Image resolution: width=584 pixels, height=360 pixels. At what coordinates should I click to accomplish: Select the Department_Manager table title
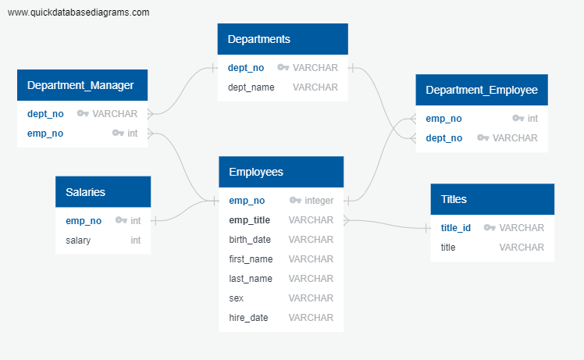coord(81,85)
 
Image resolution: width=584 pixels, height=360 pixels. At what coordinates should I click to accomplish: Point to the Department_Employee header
coord(481,90)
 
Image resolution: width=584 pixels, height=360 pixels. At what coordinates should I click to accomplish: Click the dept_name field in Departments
coord(251,87)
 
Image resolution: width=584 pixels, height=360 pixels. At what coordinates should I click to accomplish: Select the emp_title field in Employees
coord(250,220)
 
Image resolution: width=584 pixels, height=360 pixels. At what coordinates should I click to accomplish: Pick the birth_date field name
coord(250,240)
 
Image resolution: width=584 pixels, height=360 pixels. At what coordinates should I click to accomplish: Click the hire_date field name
coord(248,318)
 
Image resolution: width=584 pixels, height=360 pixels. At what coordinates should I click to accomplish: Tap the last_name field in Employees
coord(250,279)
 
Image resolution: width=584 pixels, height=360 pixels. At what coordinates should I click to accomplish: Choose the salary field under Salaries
coord(78,241)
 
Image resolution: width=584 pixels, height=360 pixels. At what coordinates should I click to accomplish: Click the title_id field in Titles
coord(456,228)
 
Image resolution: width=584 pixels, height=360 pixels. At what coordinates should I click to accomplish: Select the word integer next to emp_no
coord(319,201)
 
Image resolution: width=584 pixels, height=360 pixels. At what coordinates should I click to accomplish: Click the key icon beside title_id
coord(490,228)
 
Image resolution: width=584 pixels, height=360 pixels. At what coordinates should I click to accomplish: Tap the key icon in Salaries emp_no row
coord(120,221)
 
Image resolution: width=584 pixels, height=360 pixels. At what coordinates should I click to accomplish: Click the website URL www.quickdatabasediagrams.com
coord(78,12)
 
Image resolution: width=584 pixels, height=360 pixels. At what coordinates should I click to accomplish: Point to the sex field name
coord(236,298)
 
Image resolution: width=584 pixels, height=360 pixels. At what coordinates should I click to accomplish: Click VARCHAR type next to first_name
coord(311,259)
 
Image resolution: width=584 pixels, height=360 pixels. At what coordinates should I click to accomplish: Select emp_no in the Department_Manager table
coord(45,134)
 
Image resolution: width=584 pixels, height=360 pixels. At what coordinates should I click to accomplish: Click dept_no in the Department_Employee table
coord(443,138)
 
